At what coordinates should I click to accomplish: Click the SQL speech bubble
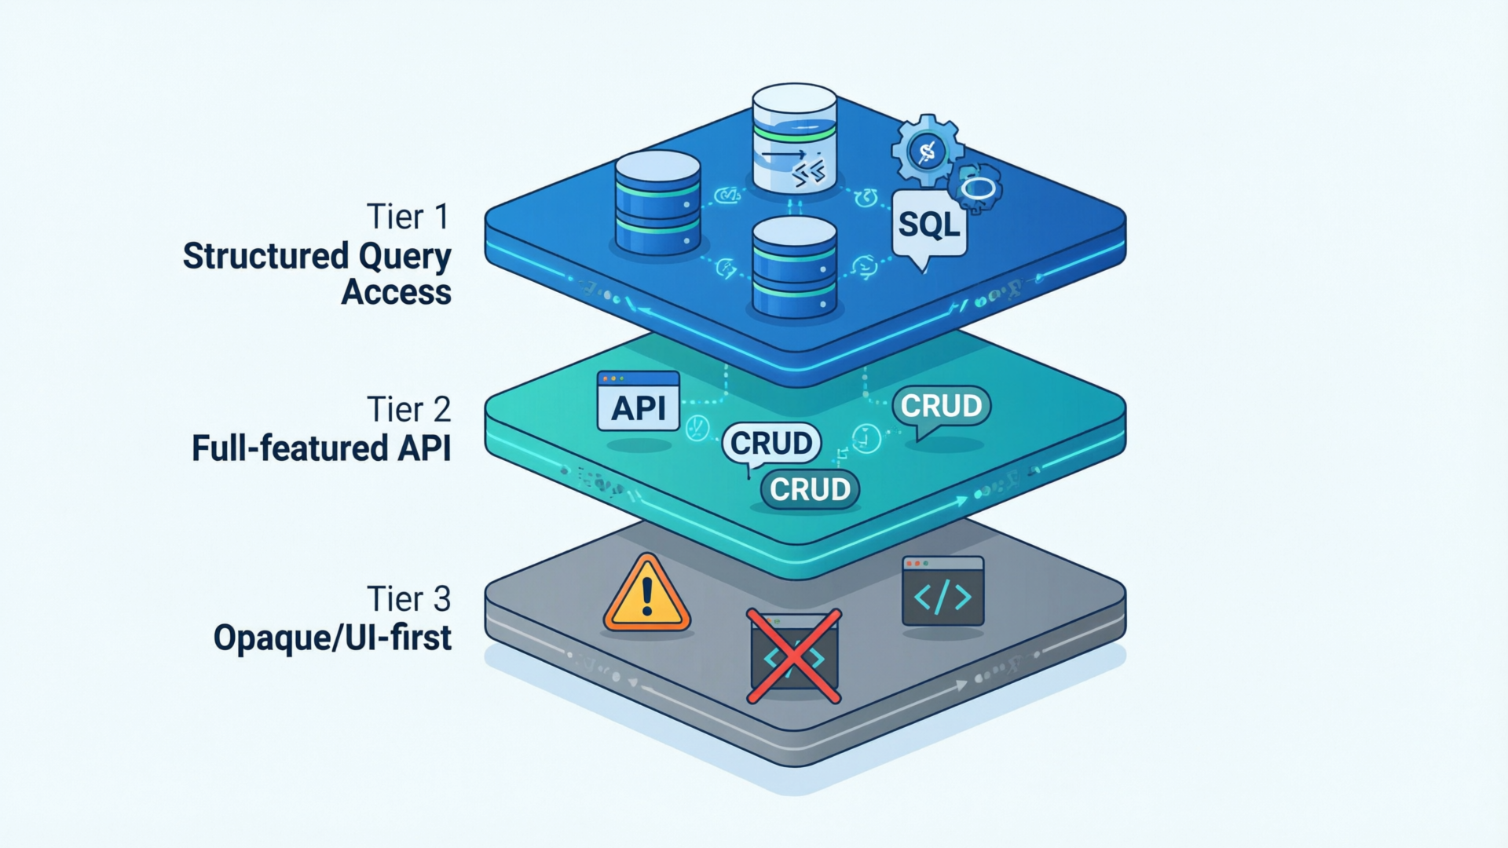click(x=929, y=225)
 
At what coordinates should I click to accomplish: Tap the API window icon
click(x=638, y=401)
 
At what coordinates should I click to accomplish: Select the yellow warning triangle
click(x=646, y=595)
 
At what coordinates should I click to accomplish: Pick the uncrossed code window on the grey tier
click(x=942, y=591)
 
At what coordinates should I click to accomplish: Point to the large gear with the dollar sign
click(x=928, y=150)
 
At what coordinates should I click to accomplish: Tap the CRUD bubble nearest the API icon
click(x=770, y=444)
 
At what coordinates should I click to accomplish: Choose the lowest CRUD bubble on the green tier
click(x=810, y=489)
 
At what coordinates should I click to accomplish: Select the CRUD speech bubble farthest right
click(x=941, y=407)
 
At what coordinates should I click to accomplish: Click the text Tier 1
click(x=408, y=217)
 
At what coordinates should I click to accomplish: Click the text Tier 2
click(x=408, y=410)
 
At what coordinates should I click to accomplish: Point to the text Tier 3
click(x=408, y=600)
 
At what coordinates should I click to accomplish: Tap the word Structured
click(x=265, y=256)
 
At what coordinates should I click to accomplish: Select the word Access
click(x=396, y=292)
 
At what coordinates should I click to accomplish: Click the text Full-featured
click(x=289, y=448)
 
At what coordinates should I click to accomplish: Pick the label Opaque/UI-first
click(x=332, y=638)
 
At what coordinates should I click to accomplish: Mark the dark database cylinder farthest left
click(x=657, y=203)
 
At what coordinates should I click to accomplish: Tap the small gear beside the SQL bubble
click(x=976, y=188)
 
